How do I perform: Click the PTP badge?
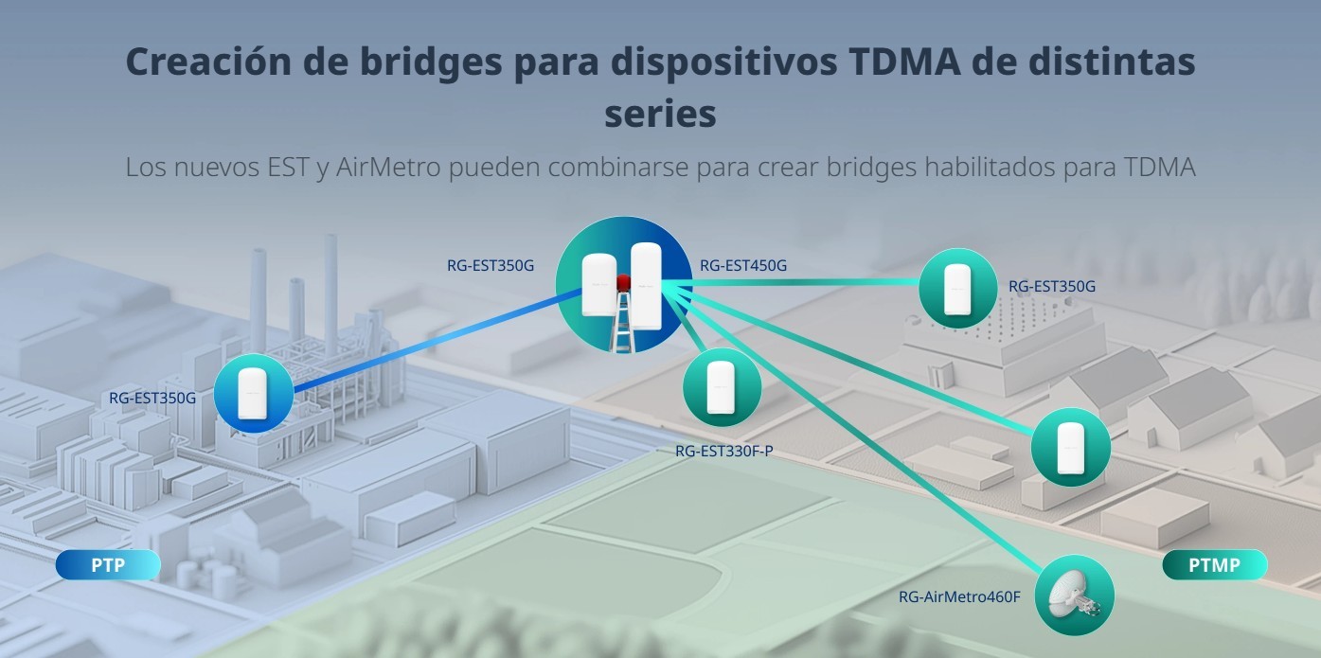coord(108,565)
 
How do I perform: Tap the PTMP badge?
coord(1214,565)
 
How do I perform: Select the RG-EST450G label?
coord(743,266)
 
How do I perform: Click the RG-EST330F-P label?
coord(724,451)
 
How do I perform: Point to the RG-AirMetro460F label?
coord(959,597)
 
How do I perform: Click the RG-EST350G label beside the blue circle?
coord(152,399)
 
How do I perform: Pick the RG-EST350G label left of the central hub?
coord(491,266)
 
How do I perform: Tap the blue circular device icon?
coord(254,393)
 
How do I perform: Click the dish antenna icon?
coord(1075,595)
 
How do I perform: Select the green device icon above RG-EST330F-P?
coord(722,387)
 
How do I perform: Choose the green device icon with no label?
coord(1070,448)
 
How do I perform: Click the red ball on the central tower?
coord(623,282)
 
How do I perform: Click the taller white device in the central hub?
coord(646,290)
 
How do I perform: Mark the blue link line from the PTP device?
coord(437,340)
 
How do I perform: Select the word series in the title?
coord(661,114)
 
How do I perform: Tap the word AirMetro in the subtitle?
coord(388,167)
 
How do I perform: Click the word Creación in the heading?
coord(208,62)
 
